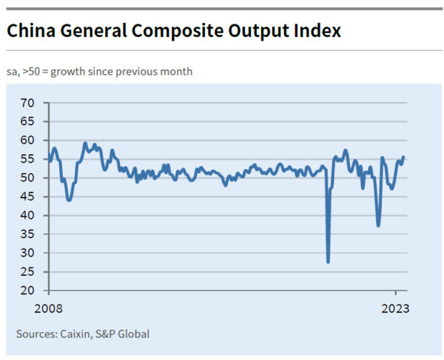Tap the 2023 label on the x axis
coord(395,307)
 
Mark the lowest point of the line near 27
coord(328,261)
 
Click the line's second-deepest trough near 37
coord(378,225)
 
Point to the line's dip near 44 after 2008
coord(69,200)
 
